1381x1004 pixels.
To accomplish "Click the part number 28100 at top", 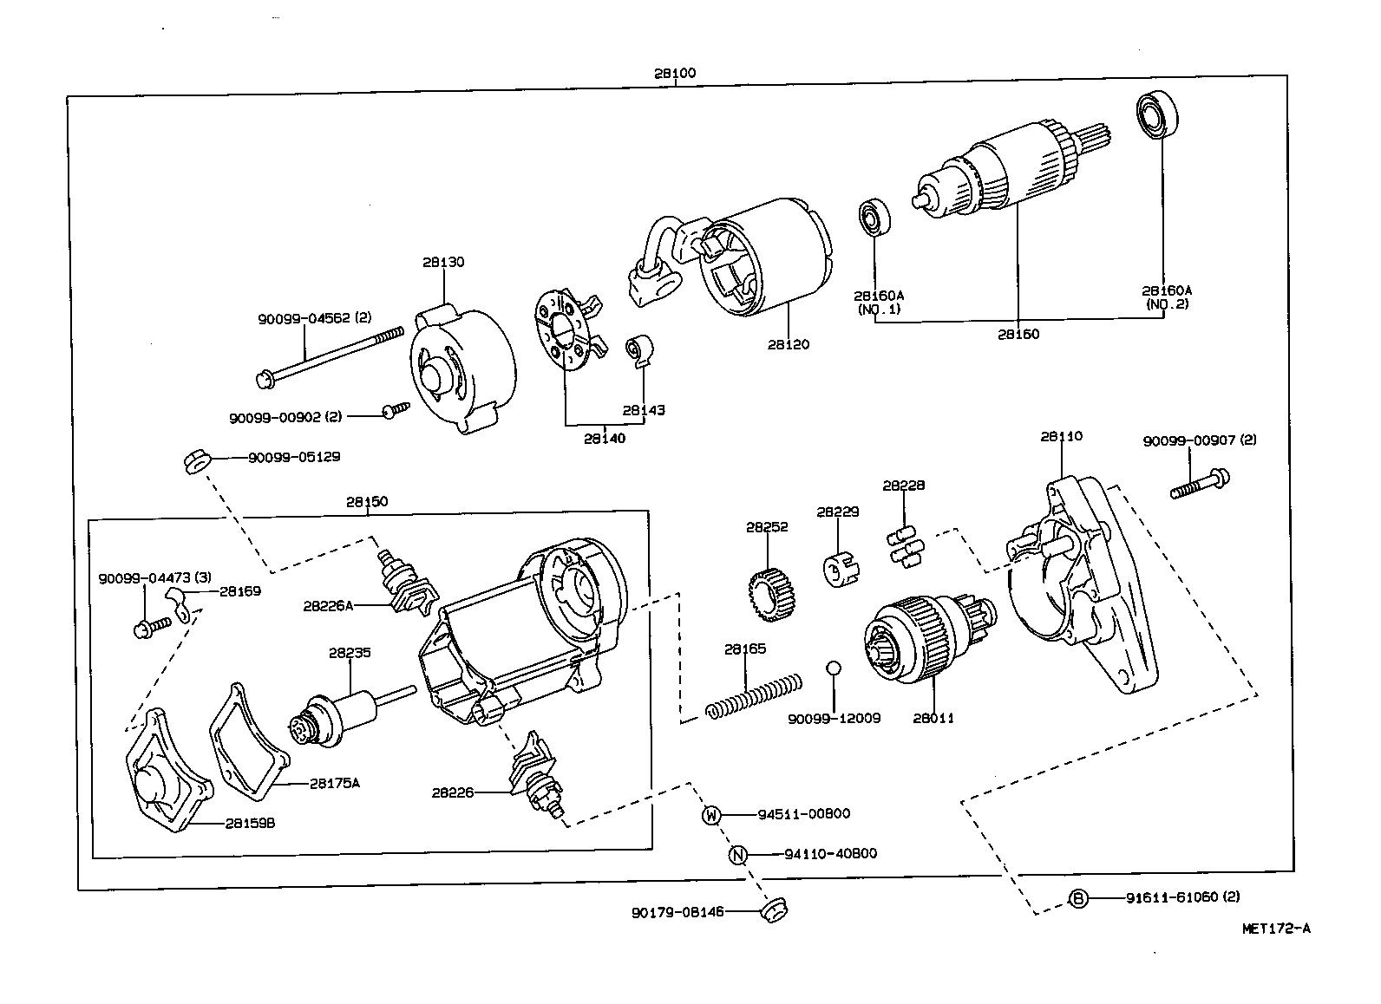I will (x=675, y=74).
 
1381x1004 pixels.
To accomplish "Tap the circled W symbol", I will (x=711, y=815).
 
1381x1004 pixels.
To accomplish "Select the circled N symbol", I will (x=737, y=855).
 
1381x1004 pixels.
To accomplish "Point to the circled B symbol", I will (x=1077, y=899).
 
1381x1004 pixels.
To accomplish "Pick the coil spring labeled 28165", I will (x=751, y=693).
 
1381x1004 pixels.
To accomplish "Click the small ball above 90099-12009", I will (x=833, y=668).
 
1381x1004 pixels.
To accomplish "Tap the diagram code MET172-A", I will (x=1276, y=929).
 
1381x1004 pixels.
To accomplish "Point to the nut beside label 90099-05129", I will (x=196, y=460).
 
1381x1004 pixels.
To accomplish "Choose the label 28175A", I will (x=334, y=783).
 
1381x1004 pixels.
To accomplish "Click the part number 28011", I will (x=933, y=718).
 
